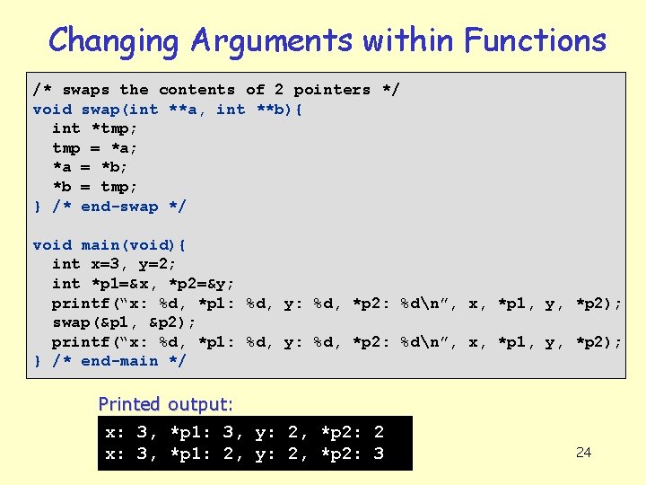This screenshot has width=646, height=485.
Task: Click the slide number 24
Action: (x=583, y=452)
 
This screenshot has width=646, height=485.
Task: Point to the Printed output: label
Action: (x=165, y=404)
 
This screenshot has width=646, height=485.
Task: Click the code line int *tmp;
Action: (x=91, y=128)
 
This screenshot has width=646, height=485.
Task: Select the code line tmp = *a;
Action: (x=94, y=148)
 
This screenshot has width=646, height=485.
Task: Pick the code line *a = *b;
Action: (x=91, y=167)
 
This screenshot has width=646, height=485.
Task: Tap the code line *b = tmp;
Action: (x=94, y=187)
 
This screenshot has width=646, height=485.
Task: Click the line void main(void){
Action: (x=109, y=244)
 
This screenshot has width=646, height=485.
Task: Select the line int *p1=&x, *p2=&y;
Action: (x=144, y=284)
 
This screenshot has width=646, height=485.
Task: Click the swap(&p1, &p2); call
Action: (x=124, y=322)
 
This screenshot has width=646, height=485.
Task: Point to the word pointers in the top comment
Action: (x=332, y=90)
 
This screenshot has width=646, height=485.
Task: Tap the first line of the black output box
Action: (x=245, y=433)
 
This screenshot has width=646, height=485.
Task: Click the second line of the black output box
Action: (x=245, y=454)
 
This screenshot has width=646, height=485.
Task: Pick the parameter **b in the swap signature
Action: (x=280, y=110)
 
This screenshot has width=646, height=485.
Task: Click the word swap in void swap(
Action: (x=100, y=110)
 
